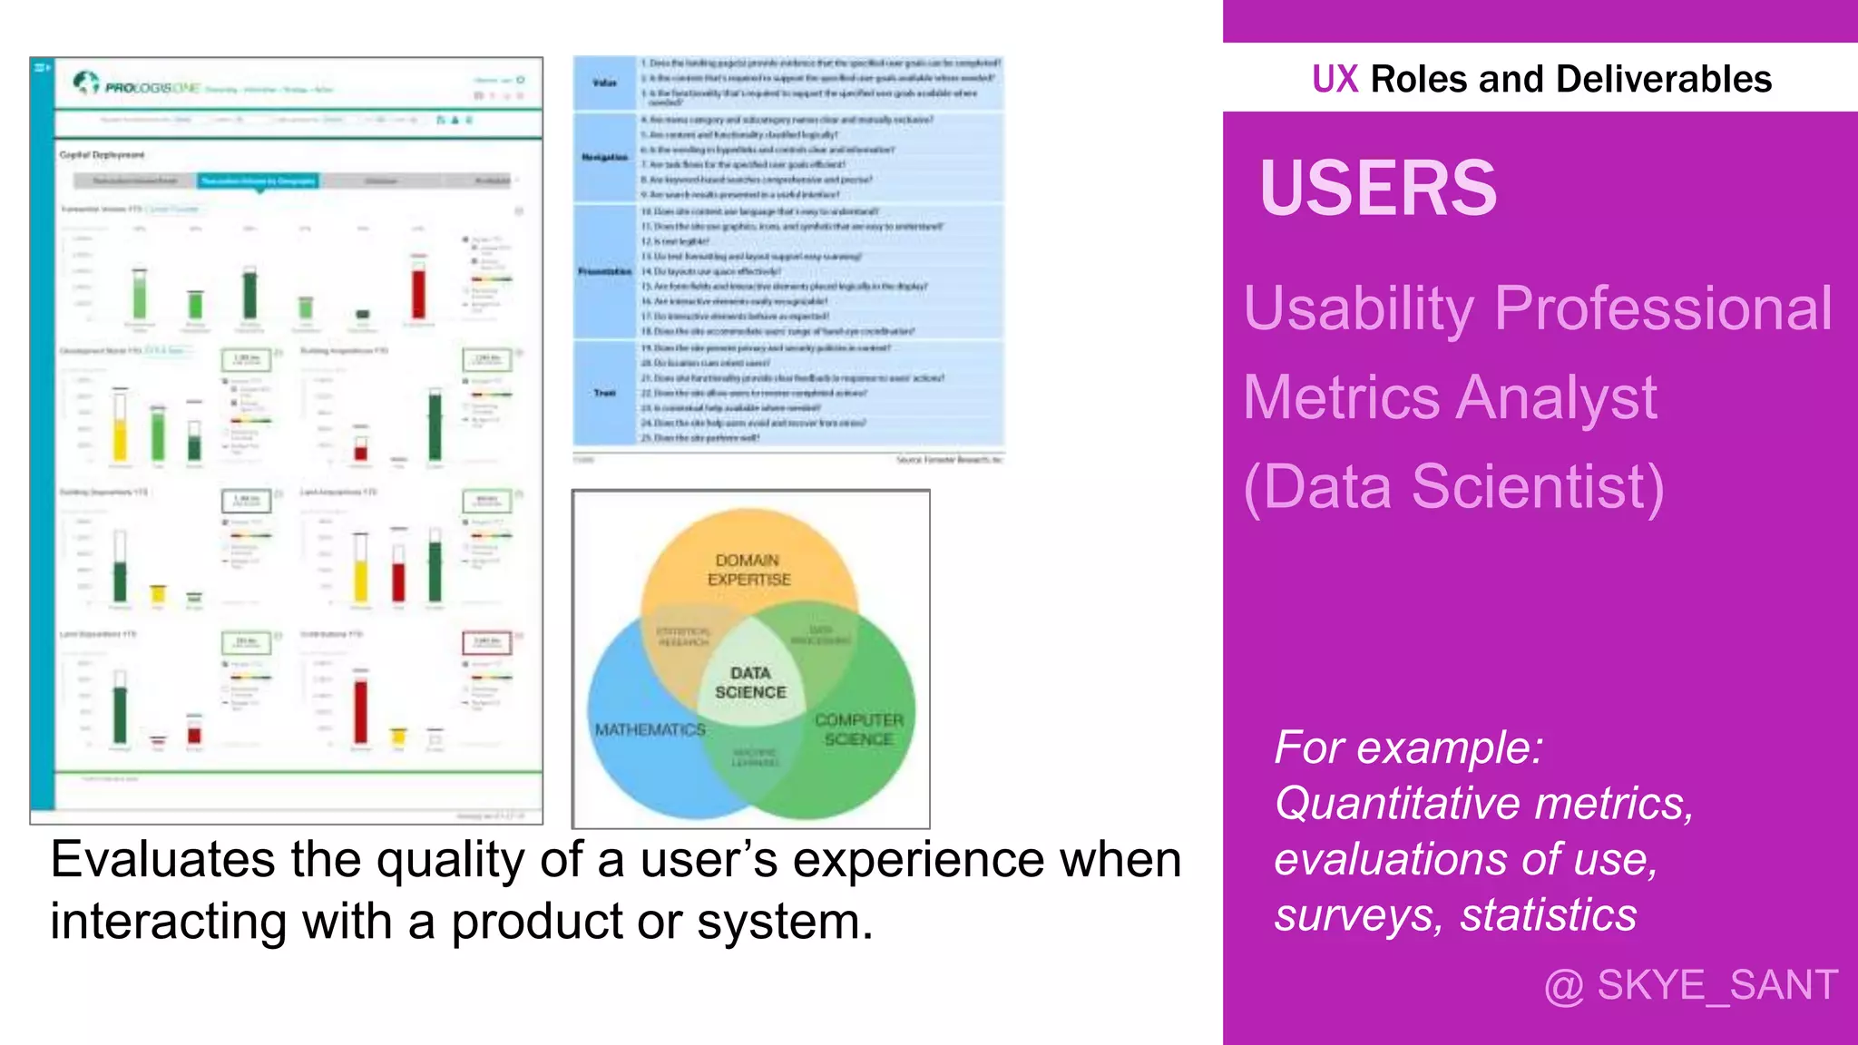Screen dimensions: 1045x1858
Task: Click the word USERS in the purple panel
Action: click(x=1377, y=189)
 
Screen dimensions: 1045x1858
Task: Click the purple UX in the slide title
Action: click(x=1335, y=80)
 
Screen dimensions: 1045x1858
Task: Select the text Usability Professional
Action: click(x=1538, y=309)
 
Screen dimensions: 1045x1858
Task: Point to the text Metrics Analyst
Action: click(x=1450, y=398)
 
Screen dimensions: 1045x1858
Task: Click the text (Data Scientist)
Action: click(x=1453, y=487)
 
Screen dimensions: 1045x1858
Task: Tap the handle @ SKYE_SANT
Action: click(x=1690, y=985)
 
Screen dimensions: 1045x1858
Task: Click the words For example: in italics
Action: click(x=1408, y=748)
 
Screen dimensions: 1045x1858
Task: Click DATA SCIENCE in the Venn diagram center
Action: click(x=750, y=683)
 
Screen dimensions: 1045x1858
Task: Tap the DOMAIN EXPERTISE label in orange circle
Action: click(x=748, y=570)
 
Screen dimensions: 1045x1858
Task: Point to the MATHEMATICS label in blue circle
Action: click(x=650, y=730)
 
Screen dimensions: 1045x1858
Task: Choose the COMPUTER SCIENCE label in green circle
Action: click(x=858, y=729)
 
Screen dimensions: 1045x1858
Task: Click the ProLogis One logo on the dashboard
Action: click(x=136, y=85)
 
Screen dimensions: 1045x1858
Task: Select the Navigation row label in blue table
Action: click(x=604, y=157)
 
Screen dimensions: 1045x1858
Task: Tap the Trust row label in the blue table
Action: click(x=604, y=393)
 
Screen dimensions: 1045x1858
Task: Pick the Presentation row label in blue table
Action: click(x=604, y=271)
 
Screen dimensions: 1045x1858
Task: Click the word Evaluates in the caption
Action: click(x=161, y=860)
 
